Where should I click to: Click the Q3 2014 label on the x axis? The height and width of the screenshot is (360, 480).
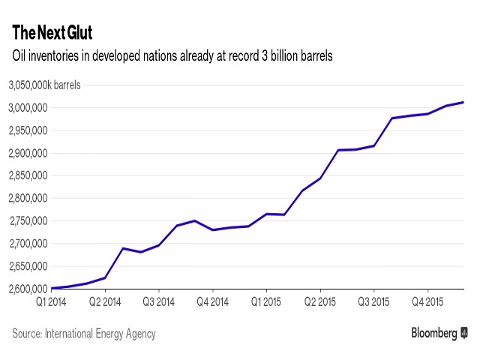[x=159, y=304]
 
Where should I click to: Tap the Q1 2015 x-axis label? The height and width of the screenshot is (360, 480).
[x=267, y=304]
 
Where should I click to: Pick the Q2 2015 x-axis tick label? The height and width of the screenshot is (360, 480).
[x=321, y=304]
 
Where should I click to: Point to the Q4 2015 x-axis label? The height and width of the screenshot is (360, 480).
[x=428, y=304]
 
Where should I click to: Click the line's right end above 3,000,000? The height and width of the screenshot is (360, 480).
[x=463, y=102]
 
